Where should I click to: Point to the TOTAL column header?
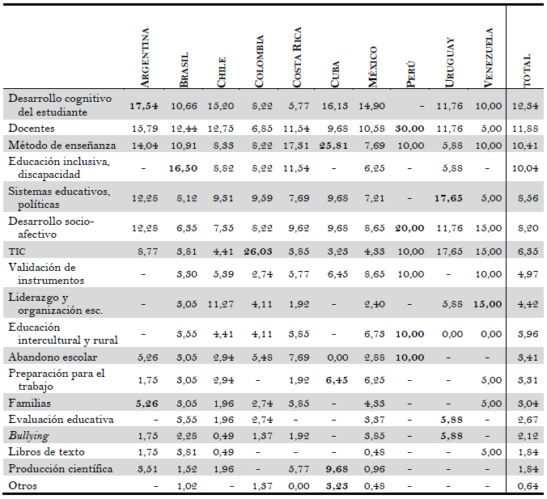click(528, 71)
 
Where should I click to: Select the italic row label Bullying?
click(28, 436)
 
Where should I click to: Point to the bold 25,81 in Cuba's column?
click(335, 145)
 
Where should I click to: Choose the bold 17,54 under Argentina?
click(144, 105)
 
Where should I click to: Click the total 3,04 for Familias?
click(528, 404)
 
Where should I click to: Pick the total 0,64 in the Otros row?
click(528, 485)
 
